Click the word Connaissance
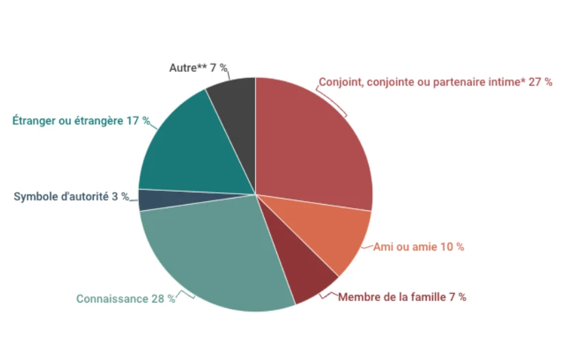(112, 299)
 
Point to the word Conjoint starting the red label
(340, 82)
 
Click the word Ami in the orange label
(382, 247)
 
